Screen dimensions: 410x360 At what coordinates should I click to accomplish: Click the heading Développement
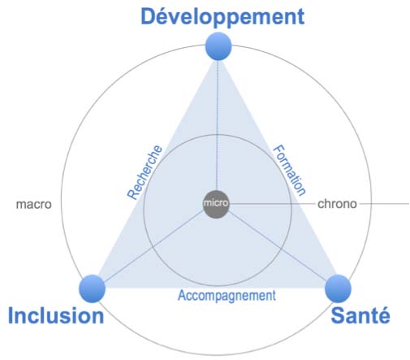coord(222,17)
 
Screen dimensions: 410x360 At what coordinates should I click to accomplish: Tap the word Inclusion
coord(56,315)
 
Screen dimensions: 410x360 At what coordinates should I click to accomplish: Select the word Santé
coord(360,315)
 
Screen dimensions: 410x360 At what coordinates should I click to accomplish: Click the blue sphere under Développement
coord(218,46)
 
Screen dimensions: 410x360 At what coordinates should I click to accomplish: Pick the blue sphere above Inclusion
coord(92,288)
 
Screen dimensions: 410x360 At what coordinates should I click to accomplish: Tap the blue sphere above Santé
coord(338,288)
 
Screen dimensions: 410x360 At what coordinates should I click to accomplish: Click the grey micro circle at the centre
coord(216,204)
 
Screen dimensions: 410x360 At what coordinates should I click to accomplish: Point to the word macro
coord(34,204)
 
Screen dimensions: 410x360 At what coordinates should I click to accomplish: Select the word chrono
coord(337,204)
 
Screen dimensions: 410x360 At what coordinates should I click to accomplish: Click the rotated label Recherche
coord(145,172)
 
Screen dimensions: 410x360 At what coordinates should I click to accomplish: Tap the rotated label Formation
coord(290,170)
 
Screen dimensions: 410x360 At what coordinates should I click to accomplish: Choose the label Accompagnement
coord(227,296)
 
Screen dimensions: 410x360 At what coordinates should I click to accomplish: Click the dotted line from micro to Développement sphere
coord(218,125)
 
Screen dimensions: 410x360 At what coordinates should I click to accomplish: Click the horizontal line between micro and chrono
coord(273,204)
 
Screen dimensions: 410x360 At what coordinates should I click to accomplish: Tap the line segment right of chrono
coord(384,204)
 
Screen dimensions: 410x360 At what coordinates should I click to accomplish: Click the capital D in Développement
coord(149,16)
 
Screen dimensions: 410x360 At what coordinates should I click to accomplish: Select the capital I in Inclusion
coord(11,315)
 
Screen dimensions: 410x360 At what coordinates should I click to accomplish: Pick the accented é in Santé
coord(383,315)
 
